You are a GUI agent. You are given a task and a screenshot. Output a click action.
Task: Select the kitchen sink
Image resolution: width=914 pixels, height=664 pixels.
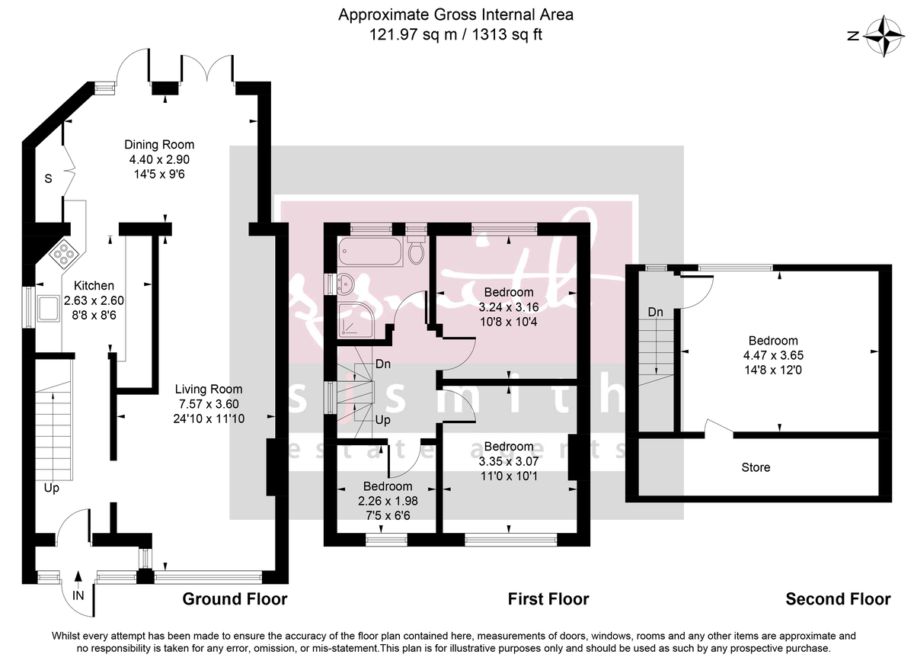tap(48, 307)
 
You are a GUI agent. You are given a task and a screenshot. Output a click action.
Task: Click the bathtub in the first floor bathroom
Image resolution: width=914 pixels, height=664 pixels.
tap(369, 251)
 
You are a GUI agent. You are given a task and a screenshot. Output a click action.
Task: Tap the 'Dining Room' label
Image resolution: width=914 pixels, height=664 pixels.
tap(160, 145)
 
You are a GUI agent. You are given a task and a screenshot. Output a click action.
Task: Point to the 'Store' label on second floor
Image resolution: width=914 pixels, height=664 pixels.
tap(756, 467)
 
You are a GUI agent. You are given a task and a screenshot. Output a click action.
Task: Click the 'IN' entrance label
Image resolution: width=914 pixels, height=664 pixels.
tap(78, 595)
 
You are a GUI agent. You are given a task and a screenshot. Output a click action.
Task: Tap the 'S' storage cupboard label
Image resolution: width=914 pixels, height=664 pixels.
tap(47, 180)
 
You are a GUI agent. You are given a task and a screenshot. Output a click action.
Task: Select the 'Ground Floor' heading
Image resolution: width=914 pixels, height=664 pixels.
tap(235, 599)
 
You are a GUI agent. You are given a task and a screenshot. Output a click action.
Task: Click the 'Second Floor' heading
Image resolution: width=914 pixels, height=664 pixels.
tap(838, 599)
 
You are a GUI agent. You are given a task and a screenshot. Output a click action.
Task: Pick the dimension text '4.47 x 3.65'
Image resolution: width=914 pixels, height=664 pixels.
tap(773, 355)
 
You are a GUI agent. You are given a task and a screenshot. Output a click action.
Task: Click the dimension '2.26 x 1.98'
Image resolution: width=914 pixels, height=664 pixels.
tap(388, 501)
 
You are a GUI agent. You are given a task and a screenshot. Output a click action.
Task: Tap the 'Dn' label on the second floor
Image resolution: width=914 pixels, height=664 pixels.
tap(656, 312)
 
